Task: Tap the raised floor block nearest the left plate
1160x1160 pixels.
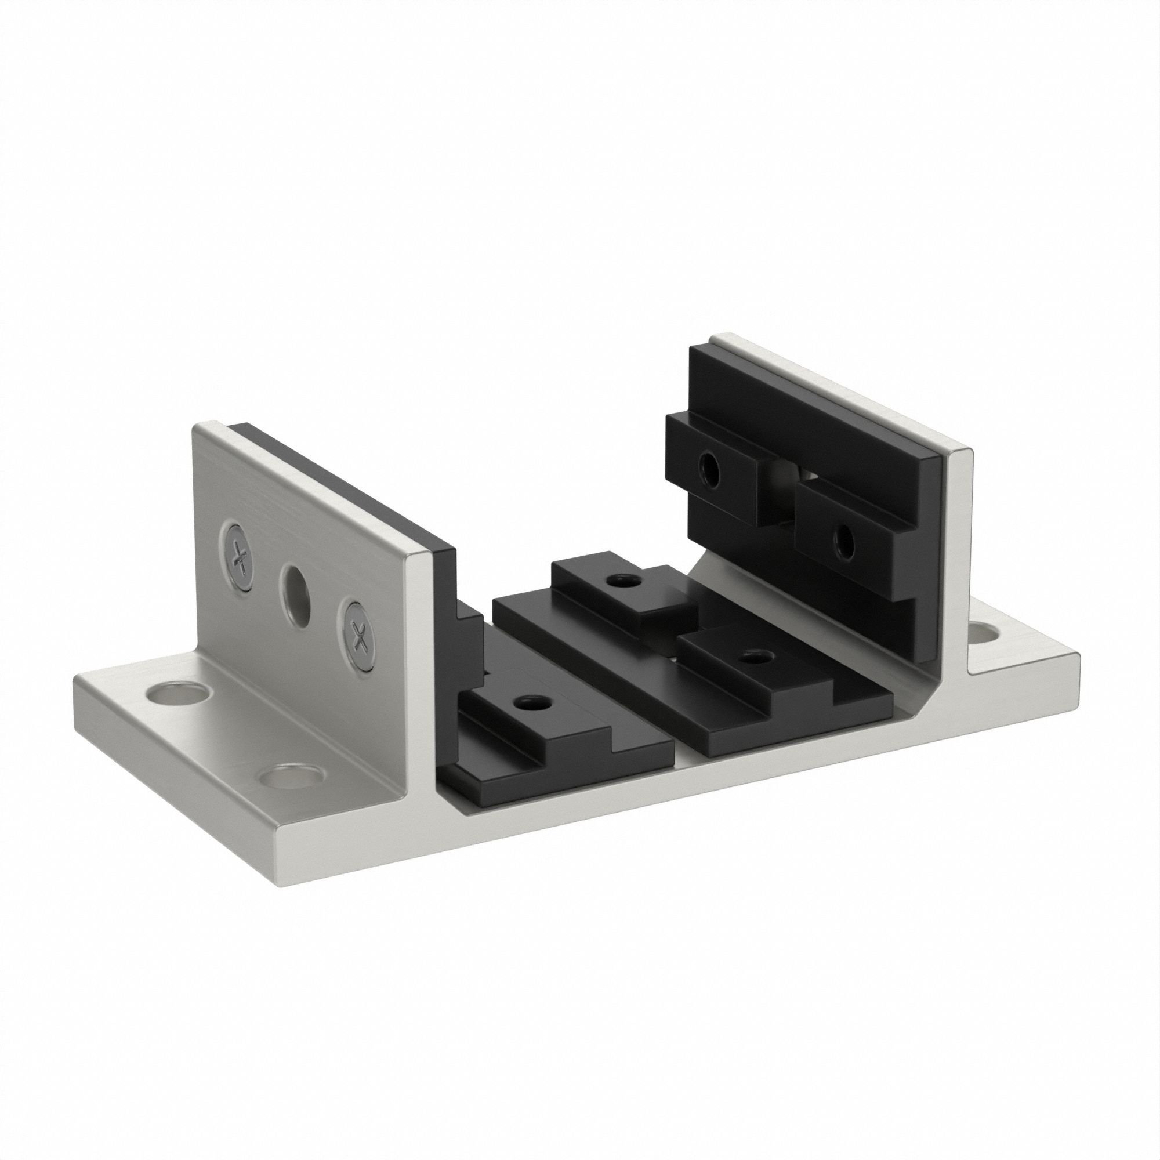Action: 534,715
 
